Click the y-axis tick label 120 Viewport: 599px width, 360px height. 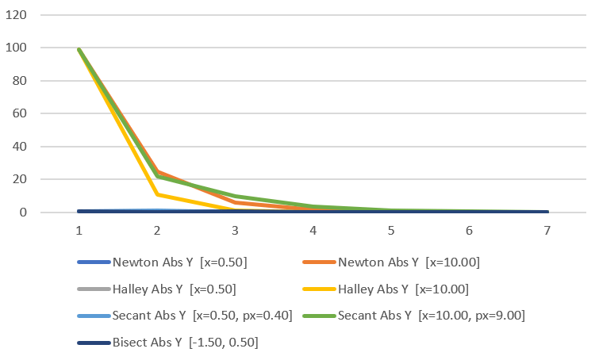pos(18,15)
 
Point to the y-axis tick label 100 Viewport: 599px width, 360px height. pos(18,48)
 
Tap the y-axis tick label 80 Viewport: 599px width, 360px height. pos(21,81)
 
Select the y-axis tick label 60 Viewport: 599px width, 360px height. pos(21,113)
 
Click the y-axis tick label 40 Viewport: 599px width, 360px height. pos(21,147)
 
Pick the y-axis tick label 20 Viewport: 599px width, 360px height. pos(21,179)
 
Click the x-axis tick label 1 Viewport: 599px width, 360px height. pos(79,230)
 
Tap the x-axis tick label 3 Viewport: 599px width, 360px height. pos(235,230)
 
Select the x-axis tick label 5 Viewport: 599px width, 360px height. pos(391,230)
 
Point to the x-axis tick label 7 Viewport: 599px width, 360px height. pos(547,230)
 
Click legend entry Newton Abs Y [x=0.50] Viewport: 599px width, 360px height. pos(182,262)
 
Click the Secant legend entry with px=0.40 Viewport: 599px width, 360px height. pos(203,316)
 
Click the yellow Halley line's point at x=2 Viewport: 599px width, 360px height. pos(157,194)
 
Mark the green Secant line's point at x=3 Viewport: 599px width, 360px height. pos(235,196)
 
